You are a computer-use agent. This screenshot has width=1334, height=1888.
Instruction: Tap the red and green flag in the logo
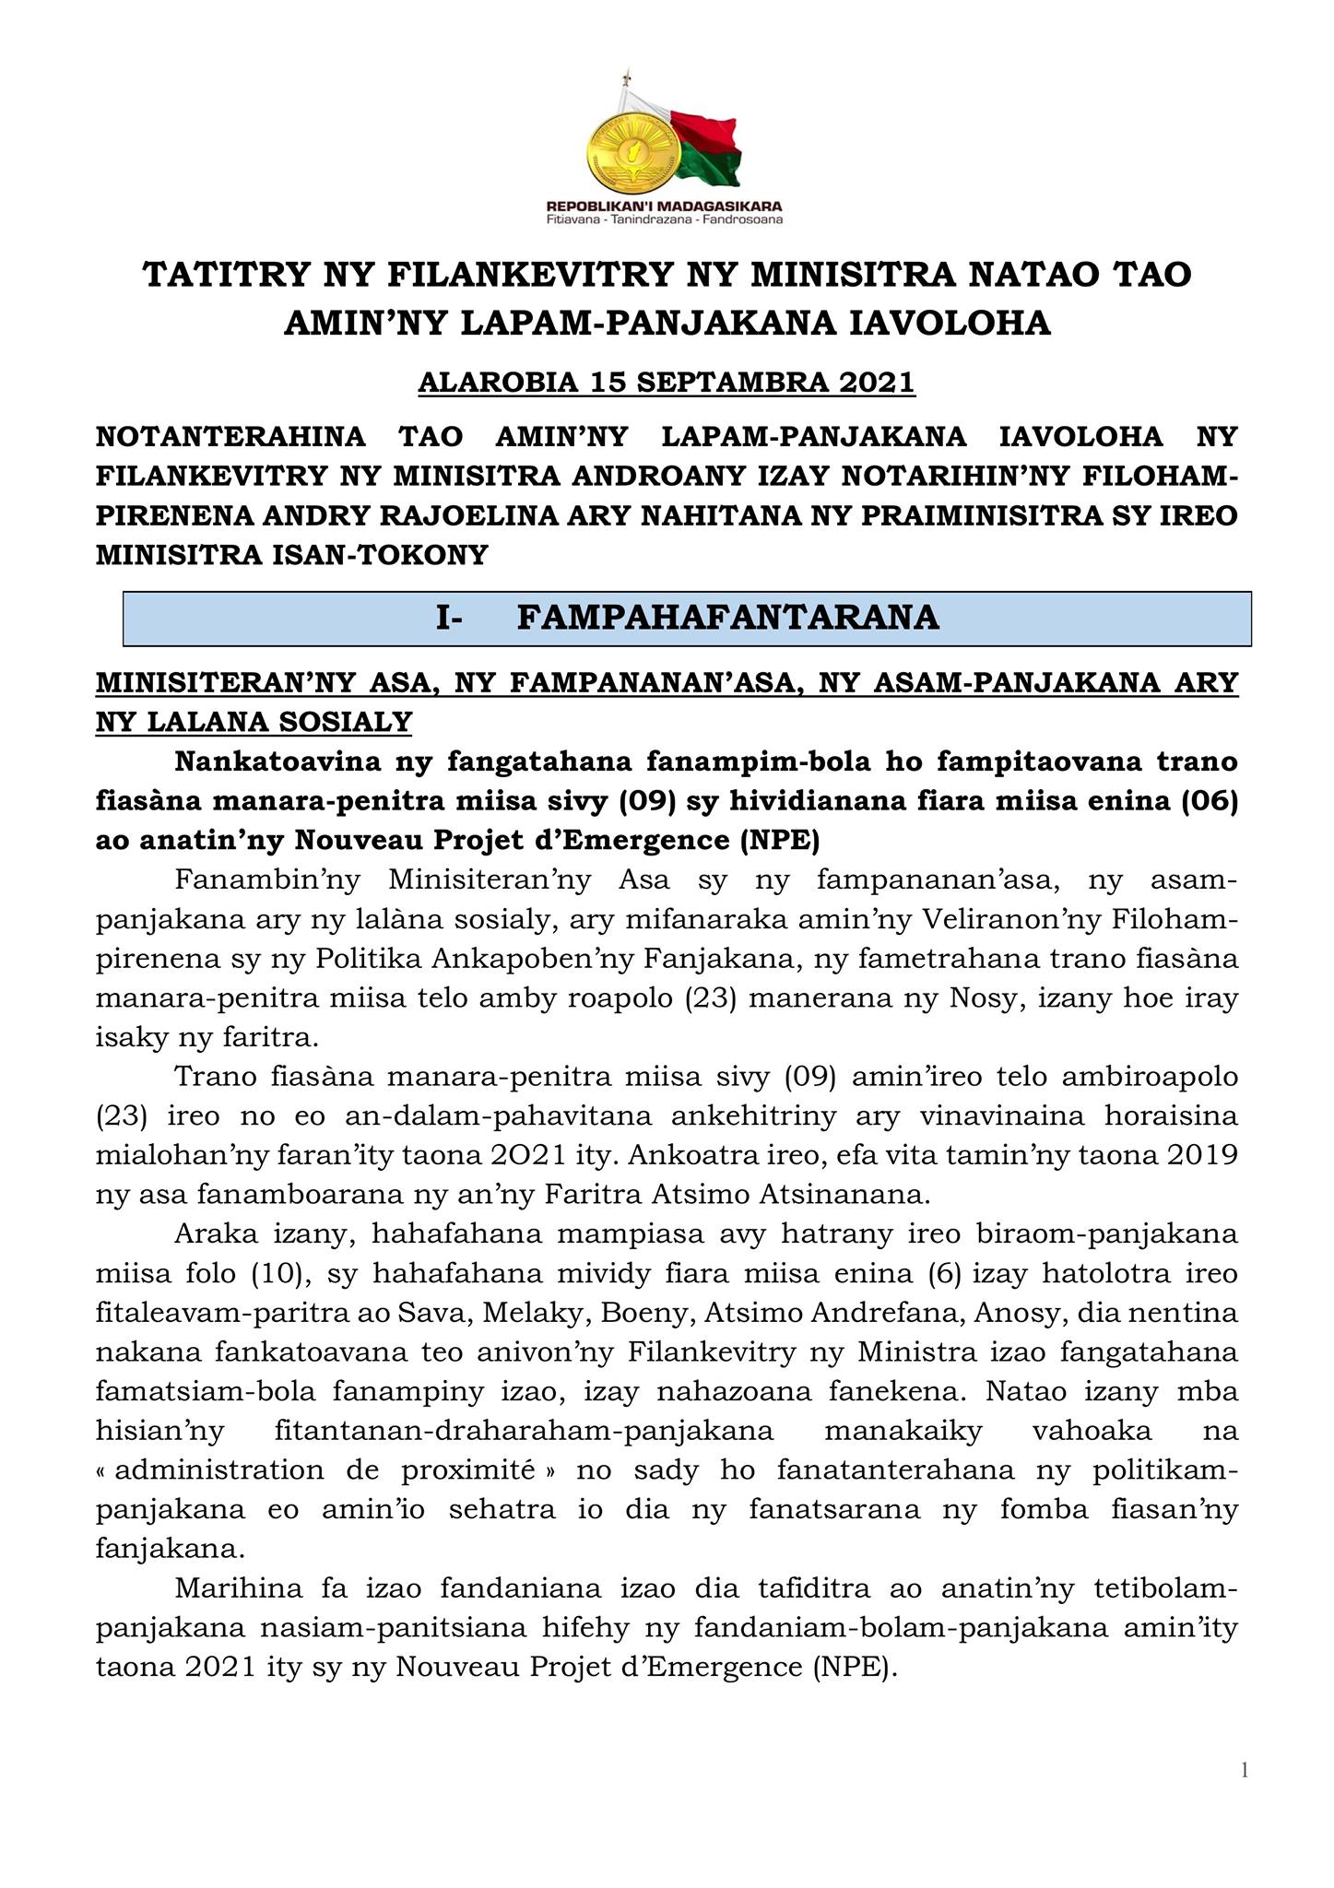(x=707, y=147)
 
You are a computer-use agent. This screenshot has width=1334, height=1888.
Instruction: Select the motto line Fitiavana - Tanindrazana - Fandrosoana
(x=664, y=219)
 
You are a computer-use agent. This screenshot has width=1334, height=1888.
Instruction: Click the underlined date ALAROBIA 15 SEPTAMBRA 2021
(x=667, y=381)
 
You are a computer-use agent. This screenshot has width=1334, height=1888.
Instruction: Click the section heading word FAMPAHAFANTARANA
(x=728, y=617)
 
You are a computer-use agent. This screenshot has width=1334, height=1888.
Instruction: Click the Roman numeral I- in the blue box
(x=449, y=617)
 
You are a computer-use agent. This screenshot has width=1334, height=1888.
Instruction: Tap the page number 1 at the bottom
(x=1245, y=1769)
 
